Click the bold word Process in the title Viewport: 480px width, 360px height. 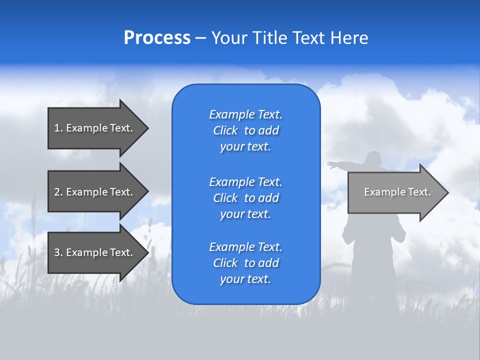coord(157,37)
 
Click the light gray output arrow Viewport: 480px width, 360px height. coord(398,192)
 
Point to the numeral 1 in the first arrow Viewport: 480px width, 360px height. coord(56,128)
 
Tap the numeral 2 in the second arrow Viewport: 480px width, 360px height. coord(57,192)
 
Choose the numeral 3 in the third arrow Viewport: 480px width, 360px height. coord(57,252)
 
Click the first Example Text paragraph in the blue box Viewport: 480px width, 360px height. coord(246,130)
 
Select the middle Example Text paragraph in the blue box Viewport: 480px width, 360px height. coord(246,198)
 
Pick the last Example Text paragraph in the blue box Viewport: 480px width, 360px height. coord(246,263)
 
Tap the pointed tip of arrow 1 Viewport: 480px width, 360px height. coord(149,128)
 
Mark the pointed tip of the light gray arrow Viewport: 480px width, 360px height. coord(449,192)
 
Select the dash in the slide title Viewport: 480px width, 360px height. coord(200,38)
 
